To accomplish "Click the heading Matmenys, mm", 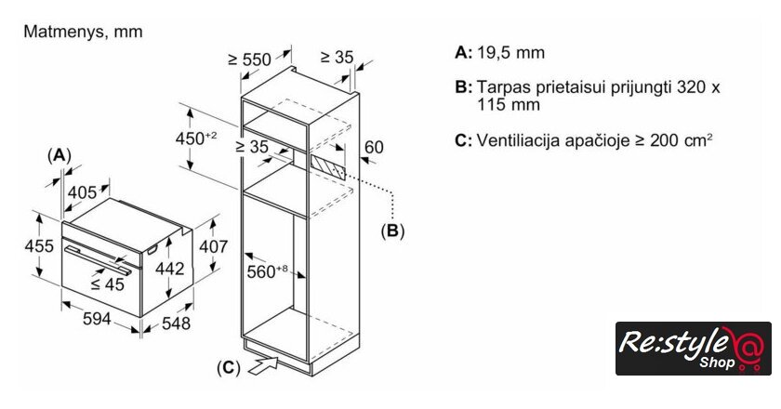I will pos(83,32).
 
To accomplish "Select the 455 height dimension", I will pos(37,246).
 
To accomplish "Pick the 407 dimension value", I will pos(214,247).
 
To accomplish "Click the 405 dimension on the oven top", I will pos(84,193).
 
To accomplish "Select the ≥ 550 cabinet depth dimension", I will pos(249,59).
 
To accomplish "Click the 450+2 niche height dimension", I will pos(198,139).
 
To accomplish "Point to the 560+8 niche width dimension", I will pos(270,271).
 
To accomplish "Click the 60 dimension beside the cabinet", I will pos(373,148).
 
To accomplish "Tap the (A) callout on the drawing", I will pos(60,154).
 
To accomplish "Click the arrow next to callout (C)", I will pos(263,364).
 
